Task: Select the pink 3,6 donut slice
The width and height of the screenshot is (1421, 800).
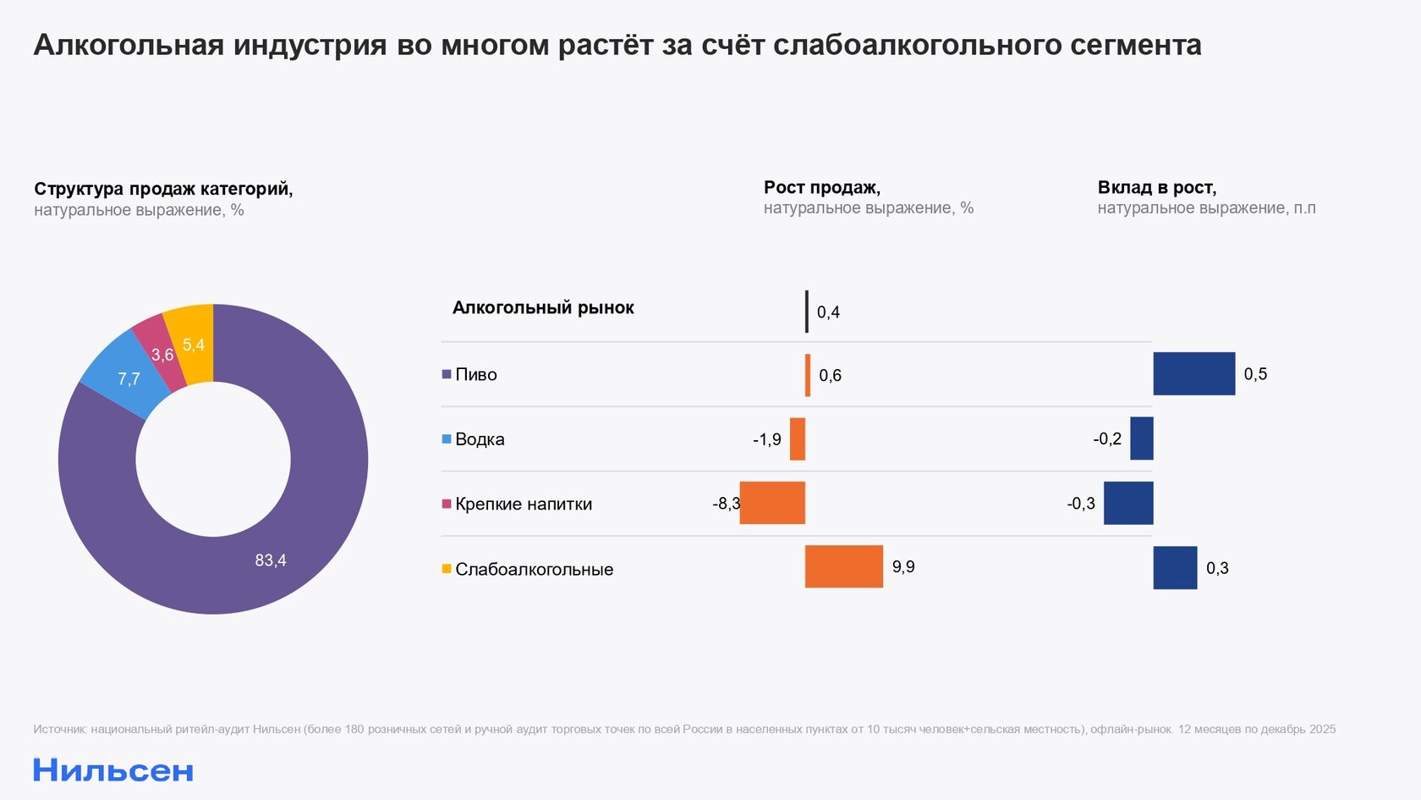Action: point(159,351)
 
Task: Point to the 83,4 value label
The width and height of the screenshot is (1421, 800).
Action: point(271,560)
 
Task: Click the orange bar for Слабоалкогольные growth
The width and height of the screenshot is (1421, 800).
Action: point(843,566)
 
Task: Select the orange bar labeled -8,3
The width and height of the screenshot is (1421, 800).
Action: point(772,503)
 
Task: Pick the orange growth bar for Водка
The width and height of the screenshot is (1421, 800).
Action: point(798,439)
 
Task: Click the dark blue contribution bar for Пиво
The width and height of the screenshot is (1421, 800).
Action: point(1193,373)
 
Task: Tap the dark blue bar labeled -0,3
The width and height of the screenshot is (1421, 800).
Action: point(1128,503)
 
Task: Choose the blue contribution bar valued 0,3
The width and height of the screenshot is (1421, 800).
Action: point(1175,567)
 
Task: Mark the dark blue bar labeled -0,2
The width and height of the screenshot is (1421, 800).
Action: point(1142,439)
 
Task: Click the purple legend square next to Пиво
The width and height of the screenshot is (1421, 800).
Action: point(447,374)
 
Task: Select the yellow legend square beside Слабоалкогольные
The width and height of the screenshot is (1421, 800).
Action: point(447,569)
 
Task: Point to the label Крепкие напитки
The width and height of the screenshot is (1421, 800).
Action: point(524,504)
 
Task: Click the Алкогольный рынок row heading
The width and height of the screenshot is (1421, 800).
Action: point(543,307)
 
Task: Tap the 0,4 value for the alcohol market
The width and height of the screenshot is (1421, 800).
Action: point(828,312)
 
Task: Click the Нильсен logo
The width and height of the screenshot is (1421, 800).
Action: point(113,770)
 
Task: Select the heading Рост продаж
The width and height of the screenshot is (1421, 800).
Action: point(821,187)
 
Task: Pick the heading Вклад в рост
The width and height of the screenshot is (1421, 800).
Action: point(1156,187)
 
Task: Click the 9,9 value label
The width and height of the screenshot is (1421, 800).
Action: point(903,567)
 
